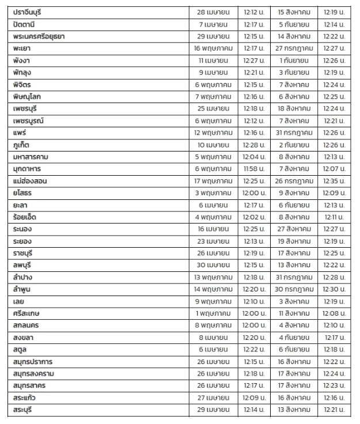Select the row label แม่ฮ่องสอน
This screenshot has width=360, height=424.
click(32, 181)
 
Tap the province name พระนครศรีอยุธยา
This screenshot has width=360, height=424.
click(39, 37)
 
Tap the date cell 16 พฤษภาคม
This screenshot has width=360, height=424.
click(213, 49)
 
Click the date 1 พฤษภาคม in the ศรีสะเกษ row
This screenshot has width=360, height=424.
click(213, 314)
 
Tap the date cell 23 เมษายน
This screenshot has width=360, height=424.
click(213, 241)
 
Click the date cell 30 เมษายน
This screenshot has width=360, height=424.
click(213, 266)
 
